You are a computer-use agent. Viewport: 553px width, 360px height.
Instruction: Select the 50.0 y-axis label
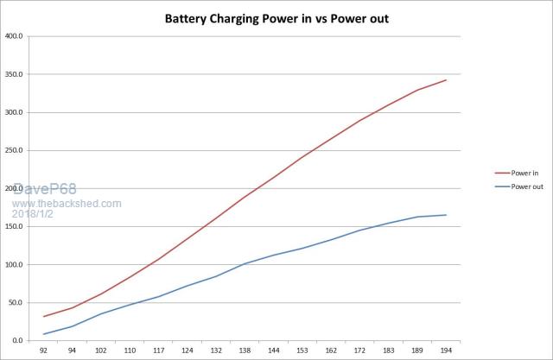(x=18, y=303)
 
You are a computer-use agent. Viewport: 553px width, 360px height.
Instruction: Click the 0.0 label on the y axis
(x=20, y=341)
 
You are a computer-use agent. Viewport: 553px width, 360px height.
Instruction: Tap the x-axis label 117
(x=159, y=352)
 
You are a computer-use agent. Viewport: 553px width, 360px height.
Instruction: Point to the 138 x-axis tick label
(x=245, y=352)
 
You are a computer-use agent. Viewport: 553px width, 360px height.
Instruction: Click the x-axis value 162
(x=331, y=352)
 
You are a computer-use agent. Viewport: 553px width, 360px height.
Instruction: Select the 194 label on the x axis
(x=446, y=352)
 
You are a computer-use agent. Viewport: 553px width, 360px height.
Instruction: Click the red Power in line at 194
(x=446, y=80)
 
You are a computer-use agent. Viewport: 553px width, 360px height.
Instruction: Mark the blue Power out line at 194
(x=446, y=215)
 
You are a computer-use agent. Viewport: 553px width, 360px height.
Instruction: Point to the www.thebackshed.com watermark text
(x=67, y=204)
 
